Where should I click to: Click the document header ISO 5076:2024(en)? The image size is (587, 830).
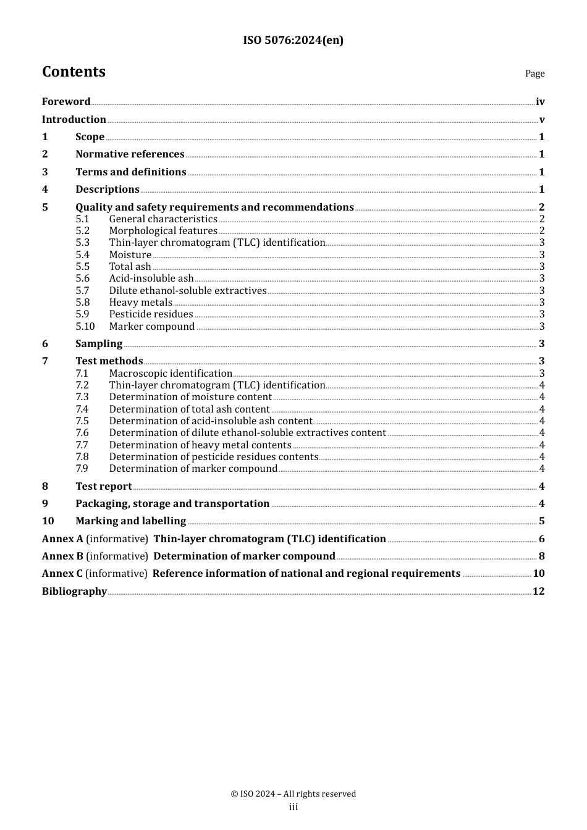[x=293, y=40]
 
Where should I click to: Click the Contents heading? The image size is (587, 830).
[x=74, y=72]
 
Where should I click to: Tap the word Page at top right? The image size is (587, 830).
[x=534, y=73]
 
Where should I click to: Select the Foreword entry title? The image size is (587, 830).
[x=66, y=102]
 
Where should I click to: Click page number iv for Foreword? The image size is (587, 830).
[x=540, y=102]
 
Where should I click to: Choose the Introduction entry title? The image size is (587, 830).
[x=74, y=120]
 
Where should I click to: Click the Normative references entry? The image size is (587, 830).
[x=130, y=154]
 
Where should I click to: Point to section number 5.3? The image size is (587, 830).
[x=82, y=243]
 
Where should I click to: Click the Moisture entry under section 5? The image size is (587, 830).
[x=130, y=255]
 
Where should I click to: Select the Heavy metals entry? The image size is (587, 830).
[x=141, y=303]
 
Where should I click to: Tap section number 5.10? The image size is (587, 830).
[x=85, y=327]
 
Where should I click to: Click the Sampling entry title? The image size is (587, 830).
[x=99, y=344]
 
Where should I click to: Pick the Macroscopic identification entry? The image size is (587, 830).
[x=171, y=374]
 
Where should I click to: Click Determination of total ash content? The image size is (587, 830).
[x=189, y=409]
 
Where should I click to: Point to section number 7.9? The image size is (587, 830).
[x=82, y=469]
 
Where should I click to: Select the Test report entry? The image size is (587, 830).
[x=104, y=487]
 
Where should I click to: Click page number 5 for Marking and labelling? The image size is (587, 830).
[x=541, y=521]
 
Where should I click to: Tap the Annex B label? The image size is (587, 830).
[x=62, y=556]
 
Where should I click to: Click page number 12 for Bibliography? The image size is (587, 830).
[x=538, y=592]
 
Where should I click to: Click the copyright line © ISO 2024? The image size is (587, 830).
[x=293, y=794]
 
